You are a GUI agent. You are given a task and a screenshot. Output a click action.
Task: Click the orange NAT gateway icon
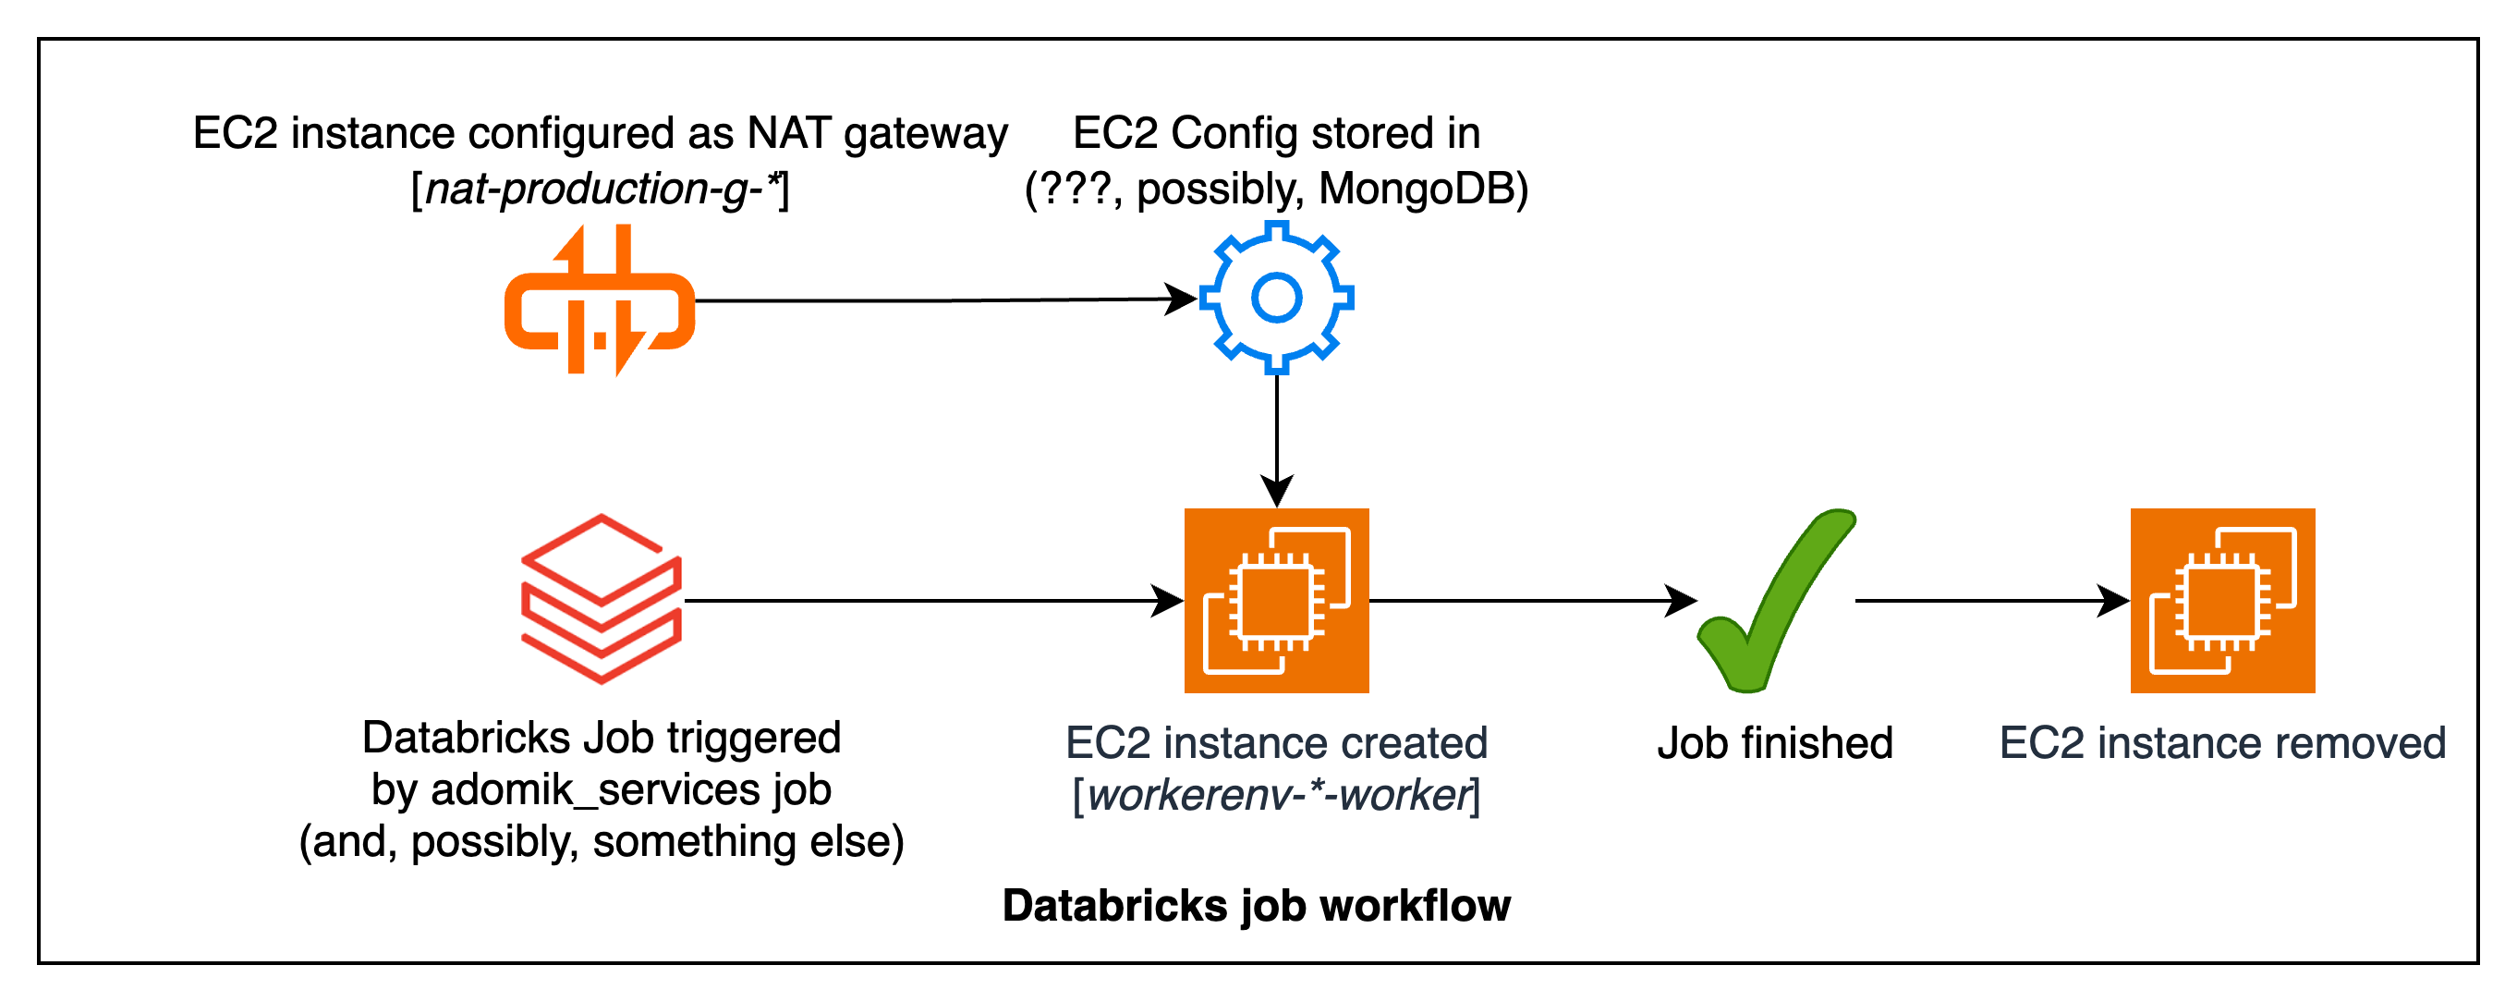coord(599,300)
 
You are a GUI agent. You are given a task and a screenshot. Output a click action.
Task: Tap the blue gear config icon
coord(1276,299)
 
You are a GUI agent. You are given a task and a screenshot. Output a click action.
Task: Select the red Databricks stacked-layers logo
coord(601,598)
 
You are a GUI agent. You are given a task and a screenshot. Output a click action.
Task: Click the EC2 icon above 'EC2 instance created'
coord(1276,600)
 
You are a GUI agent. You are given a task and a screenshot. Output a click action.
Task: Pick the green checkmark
coord(1775,600)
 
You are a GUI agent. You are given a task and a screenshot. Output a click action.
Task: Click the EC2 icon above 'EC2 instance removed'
coord(2222,600)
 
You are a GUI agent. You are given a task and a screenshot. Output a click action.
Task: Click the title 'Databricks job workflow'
coord(1257,905)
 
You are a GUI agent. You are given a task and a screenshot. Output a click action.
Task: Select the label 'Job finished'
coord(1774,743)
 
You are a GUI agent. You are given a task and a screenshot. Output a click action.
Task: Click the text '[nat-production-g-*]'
coord(600,189)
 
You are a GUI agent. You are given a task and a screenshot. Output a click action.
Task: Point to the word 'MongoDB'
coord(1423,189)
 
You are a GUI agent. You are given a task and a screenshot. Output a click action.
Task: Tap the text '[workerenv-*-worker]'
coord(1276,795)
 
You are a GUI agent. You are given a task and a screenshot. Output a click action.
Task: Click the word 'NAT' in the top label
coord(788,133)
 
